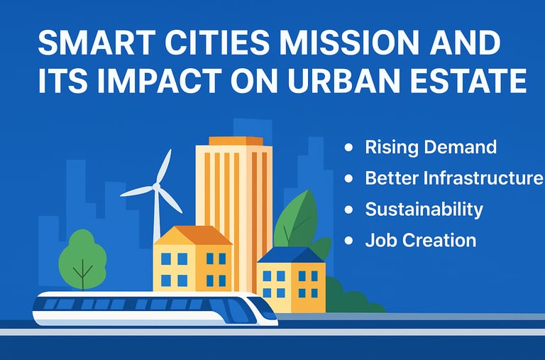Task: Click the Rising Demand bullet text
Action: (x=431, y=148)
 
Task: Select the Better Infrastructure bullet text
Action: (x=454, y=178)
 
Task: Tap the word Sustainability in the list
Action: (x=424, y=209)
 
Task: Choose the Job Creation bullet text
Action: (x=421, y=240)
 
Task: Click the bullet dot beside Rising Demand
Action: (x=348, y=148)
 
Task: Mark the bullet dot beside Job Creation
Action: (x=348, y=241)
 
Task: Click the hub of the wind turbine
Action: (x=156, y=187)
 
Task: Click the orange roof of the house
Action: (x=193, y=235)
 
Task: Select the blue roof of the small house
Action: (x=292, y=255)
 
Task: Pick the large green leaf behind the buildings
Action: (x=296, y=220)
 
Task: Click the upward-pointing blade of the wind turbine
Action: (x=165, y=166)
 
